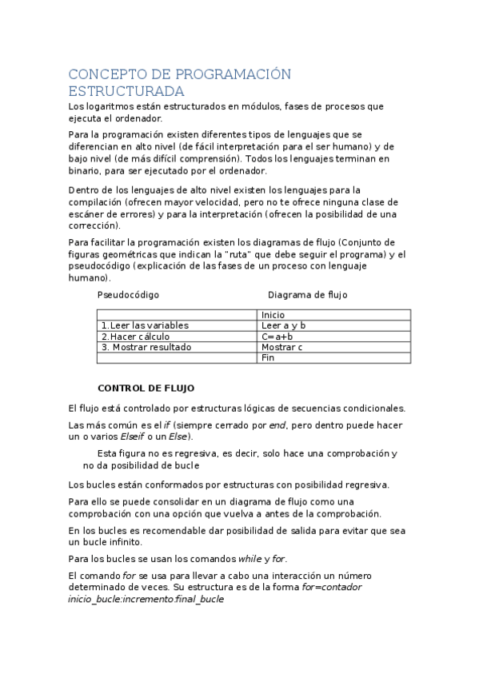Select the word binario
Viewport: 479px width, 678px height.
pos(86,170)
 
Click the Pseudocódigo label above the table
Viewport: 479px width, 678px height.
pos(128,295)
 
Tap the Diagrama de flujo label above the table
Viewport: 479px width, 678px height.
pos(307,295)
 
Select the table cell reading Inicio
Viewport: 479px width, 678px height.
pos(273,315)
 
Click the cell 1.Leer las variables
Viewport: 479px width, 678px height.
pos(145,325)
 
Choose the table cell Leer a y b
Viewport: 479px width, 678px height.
pos(283,325)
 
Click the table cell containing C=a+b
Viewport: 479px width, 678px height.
pos(277,337)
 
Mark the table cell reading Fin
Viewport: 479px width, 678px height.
pos(268,358)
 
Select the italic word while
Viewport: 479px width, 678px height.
pos(250,558)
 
